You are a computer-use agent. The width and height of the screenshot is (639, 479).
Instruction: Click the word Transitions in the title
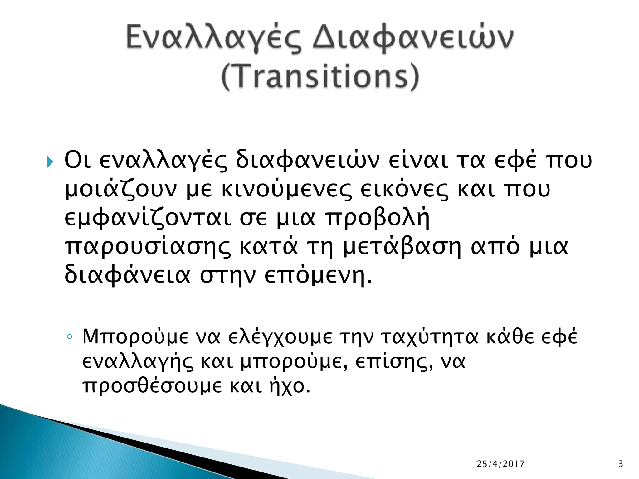coord(319,76)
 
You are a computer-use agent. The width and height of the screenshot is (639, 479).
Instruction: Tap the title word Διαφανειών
coord(412,39)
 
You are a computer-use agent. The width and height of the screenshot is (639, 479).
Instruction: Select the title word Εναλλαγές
coord(214,39)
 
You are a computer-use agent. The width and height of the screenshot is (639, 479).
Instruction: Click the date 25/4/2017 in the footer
coord(501,464)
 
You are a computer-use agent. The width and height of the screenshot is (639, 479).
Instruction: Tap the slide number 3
coord(621,464)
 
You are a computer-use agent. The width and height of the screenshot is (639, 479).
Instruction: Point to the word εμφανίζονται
coord(148,218)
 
